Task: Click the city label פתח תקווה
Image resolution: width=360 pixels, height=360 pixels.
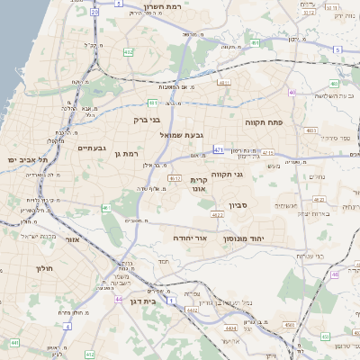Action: click(264, 120)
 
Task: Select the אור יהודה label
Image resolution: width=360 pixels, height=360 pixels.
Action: click(189, 238)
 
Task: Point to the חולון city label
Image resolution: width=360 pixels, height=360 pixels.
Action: click(45, 268)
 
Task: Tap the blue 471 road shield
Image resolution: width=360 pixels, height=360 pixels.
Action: click(219, 149)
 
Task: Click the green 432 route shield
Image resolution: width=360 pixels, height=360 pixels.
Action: click(129, 52)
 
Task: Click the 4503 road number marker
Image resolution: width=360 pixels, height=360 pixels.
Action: click(289, 324)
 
